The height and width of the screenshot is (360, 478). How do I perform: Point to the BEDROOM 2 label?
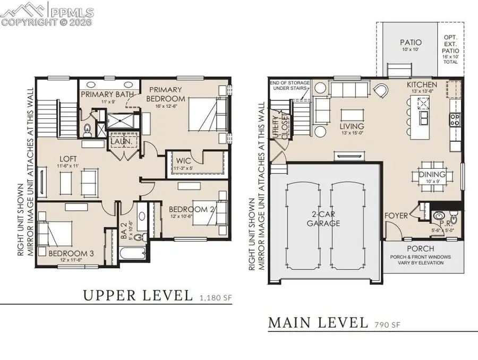[190, 209]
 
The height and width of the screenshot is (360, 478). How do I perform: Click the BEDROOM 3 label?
[71, 253]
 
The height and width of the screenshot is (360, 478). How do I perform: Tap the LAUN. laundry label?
[118, 142]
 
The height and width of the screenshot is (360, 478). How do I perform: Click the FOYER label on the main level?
[397, 216]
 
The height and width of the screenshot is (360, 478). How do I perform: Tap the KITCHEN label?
[422, 85]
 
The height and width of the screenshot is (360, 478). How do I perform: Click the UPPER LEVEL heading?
[138, 295]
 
